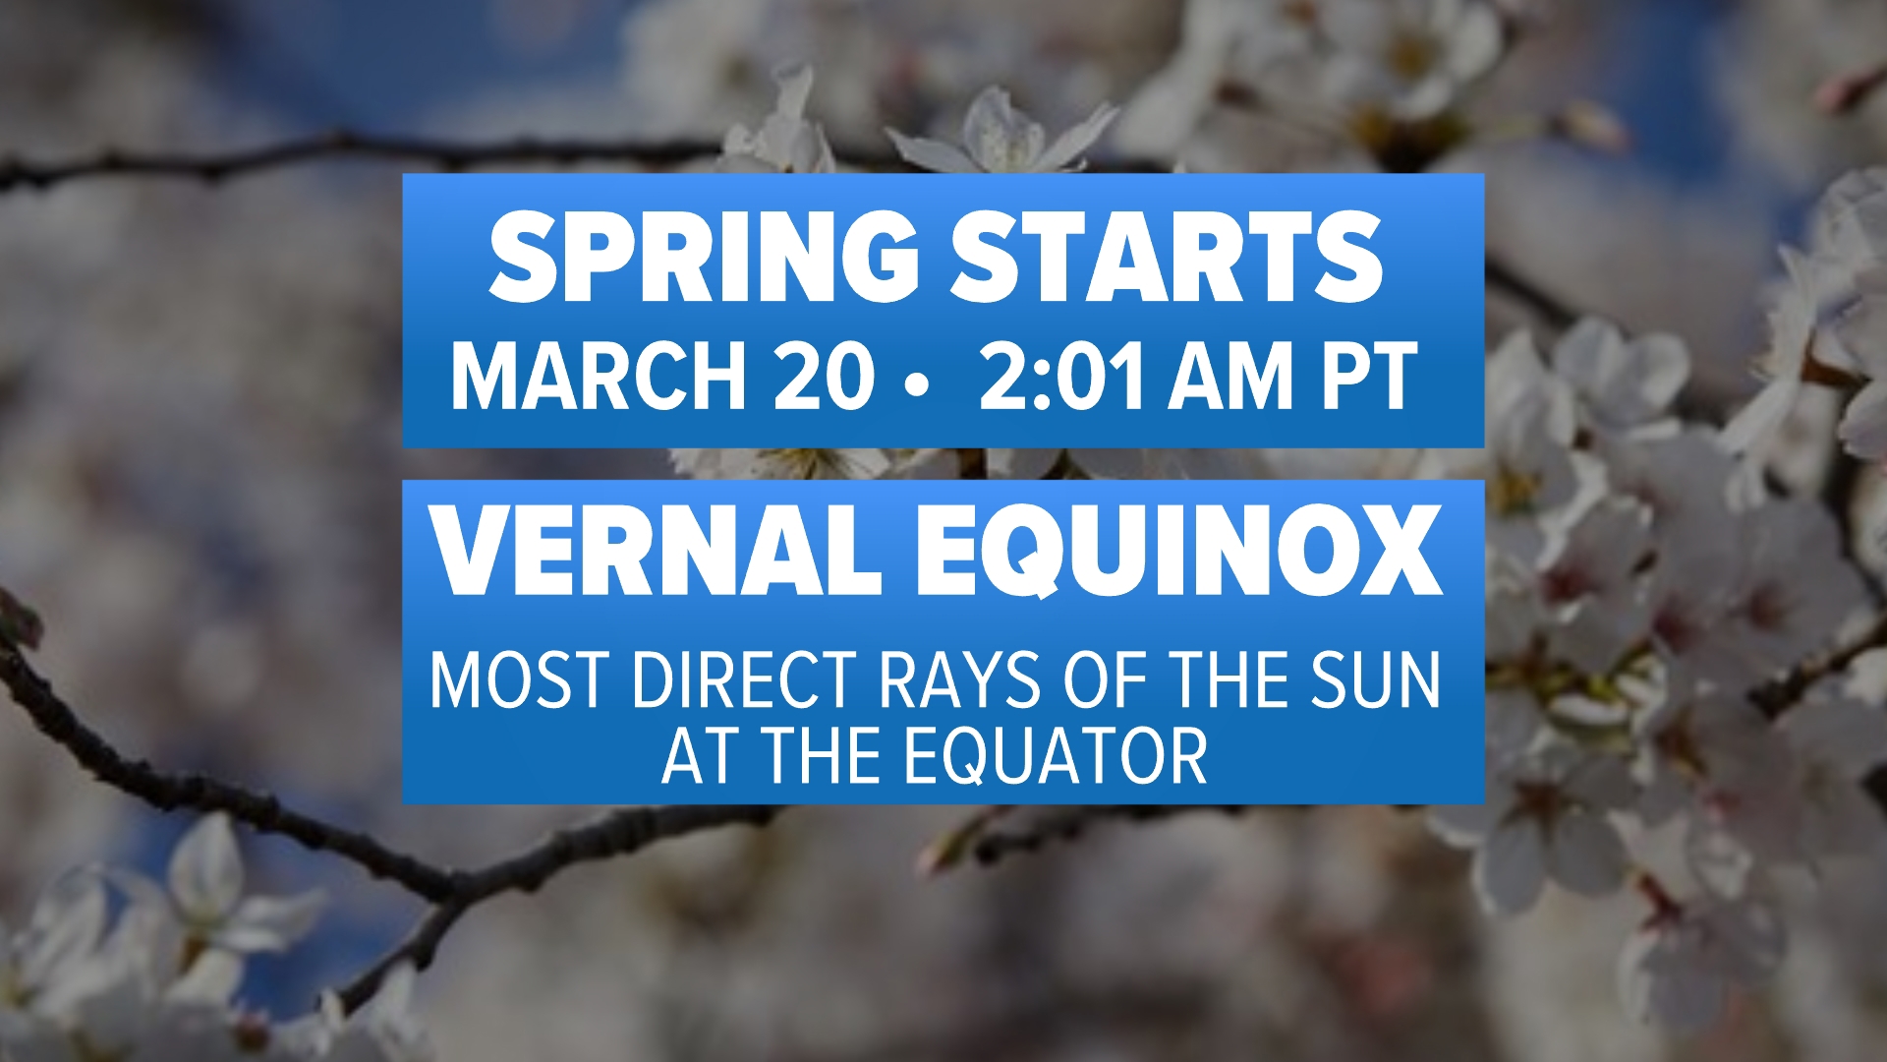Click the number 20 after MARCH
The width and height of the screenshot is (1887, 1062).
[x=824, y=376]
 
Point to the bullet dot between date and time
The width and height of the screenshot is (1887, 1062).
[x=920, y=387]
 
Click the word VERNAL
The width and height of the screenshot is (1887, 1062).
[x=658, y=551]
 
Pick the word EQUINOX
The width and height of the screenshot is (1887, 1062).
[x=1179, y=553]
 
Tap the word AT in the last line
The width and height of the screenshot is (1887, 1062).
[x=704, y=756]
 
